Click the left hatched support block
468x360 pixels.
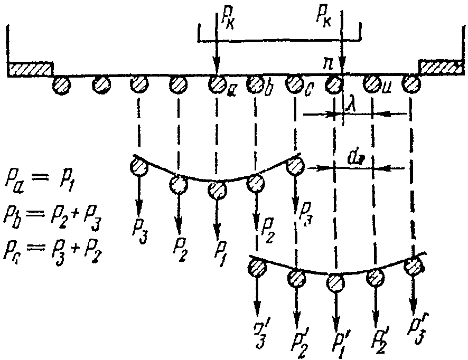[30, 69]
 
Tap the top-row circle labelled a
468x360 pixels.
[216, 83]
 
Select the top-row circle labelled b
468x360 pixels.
[256, 83]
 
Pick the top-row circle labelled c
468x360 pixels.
[293, 83]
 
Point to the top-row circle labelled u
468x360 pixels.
[372, 83]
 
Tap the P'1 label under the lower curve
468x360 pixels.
[336, 340]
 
